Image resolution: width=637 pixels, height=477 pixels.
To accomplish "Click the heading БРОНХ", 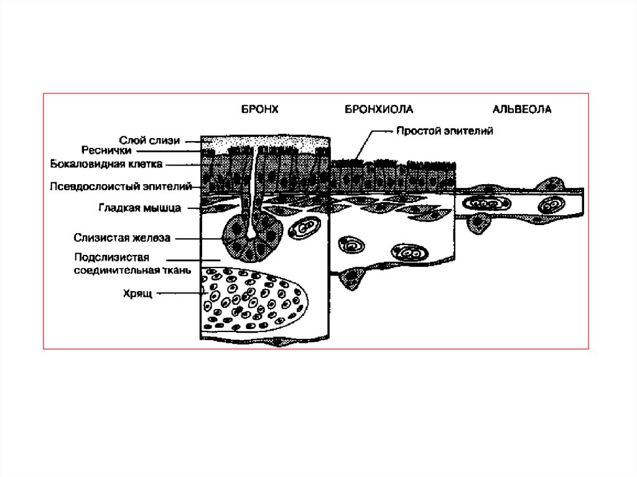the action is coord(259,109).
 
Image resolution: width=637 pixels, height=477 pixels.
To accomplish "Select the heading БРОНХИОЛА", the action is coord(379,109).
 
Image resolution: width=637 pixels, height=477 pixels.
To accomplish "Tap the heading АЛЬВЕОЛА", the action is coord(522,109).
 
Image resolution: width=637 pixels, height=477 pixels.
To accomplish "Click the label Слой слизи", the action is coord(149,141).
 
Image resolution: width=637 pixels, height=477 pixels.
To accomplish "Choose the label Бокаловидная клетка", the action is coord(106,165).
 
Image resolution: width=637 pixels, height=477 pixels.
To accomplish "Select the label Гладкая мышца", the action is coord(139,208).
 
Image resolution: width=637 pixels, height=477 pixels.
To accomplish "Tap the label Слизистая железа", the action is coord(122,237).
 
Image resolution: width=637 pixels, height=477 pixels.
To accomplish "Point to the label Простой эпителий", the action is coord(445,131).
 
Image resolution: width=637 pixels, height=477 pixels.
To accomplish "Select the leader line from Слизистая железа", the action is coord(198,237).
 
